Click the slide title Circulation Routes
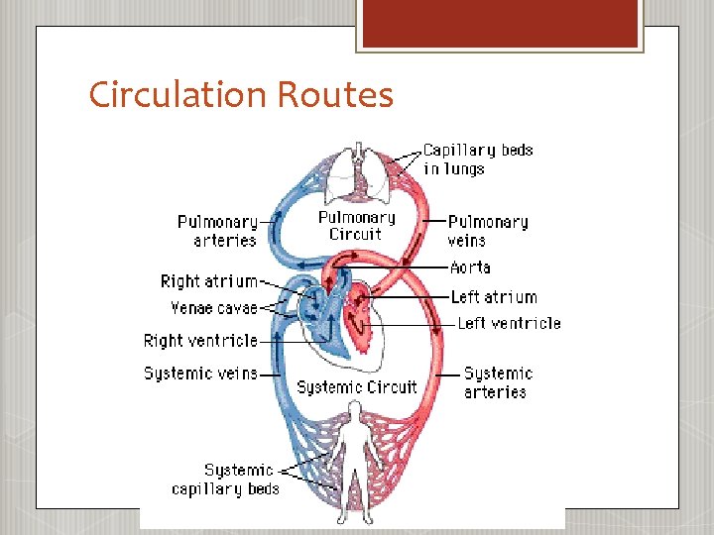pyautogui.click(x=241, y=95)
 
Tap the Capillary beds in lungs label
pyautogui.click(x=478, y=160)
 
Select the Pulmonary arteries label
pyautogui.click(x=217, y=231)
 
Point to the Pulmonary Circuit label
pyautogui.click(x=356, y=226)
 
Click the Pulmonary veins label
pyautogui.click(x=487, y=231)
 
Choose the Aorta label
pyautogui.click(x=470, y=267)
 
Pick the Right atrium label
pyautogui.click(x=208, y=281)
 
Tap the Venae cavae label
pyautogui.click(x=213, y=308)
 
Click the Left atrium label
pyautogui.click(x=493, y=296)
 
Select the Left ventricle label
pyautogui.click(x=509, y=323)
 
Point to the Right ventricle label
pyautogui.click(x=200, y=341)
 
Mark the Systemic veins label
pyautogui.click(x=200, y=374)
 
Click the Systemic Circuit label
pyautogui.click(x=357, y=386)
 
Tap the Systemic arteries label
pyautogui.click(x=498, y=382)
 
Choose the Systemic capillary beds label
pyautogui.click(x=226, y=480)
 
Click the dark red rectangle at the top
pyautogui.click(x=500, y=23)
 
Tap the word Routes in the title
pyautogui.click(x=335, y=95)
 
